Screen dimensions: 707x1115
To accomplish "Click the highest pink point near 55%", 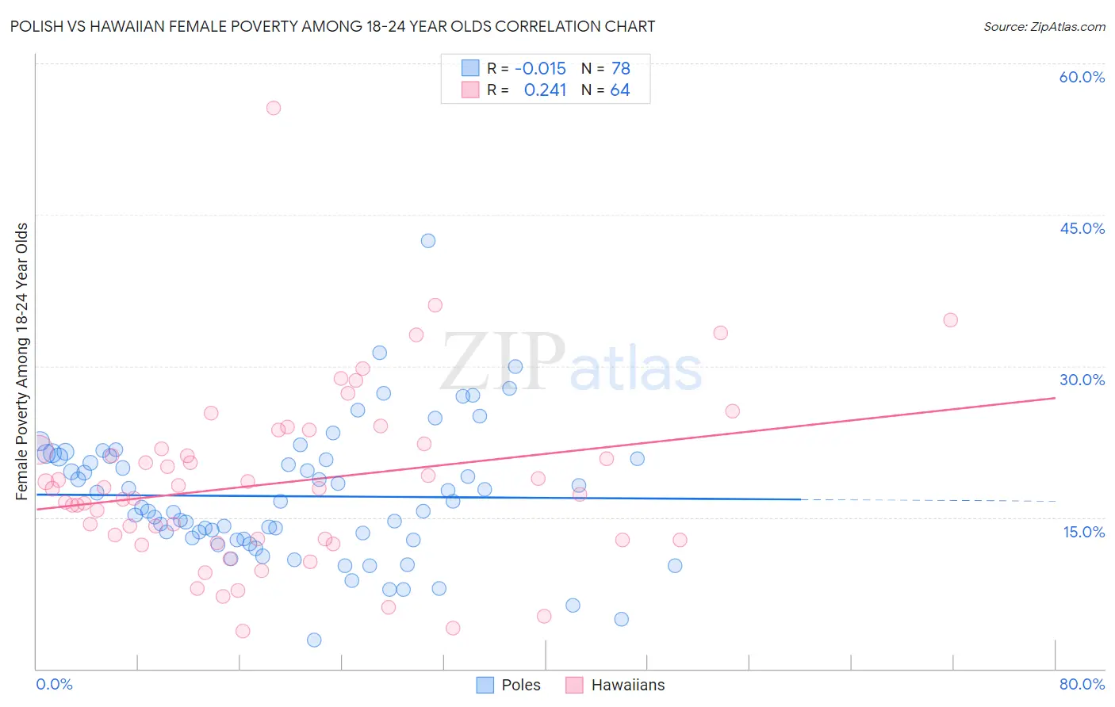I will [x=274, y=108].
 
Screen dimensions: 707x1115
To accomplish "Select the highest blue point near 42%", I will [x=428, y=241].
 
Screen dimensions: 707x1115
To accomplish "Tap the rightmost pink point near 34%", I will [x=950, y=320].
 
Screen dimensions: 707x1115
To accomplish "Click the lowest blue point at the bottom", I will [x=314, y=640].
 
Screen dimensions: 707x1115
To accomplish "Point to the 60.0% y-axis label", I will [x=1082, y=77].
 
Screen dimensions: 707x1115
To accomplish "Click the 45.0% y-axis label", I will [x=1082, y=228].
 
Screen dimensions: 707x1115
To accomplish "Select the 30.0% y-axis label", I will [x=1082, y=380].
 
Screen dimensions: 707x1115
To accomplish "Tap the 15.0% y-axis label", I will [x=1083, y=532].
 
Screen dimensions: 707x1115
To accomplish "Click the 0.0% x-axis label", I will [x=54, y=684].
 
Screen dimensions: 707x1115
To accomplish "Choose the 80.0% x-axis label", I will [x=1082, y=684].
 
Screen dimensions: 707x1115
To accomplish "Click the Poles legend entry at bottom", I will [x=508, y=685].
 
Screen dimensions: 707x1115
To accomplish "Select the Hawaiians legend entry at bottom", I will [x=615, y=685].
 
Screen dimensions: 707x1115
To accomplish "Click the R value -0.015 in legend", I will [x=540, y=69].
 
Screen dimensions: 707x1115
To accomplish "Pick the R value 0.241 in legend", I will [x=545, y=90].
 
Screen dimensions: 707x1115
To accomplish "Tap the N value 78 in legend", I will [x=620, y=69].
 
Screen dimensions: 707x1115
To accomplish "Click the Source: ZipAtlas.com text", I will [x=1044, y=27].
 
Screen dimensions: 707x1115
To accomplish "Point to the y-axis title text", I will [x=22, y=361].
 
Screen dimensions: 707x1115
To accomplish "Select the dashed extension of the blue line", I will [x=928, y=500].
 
